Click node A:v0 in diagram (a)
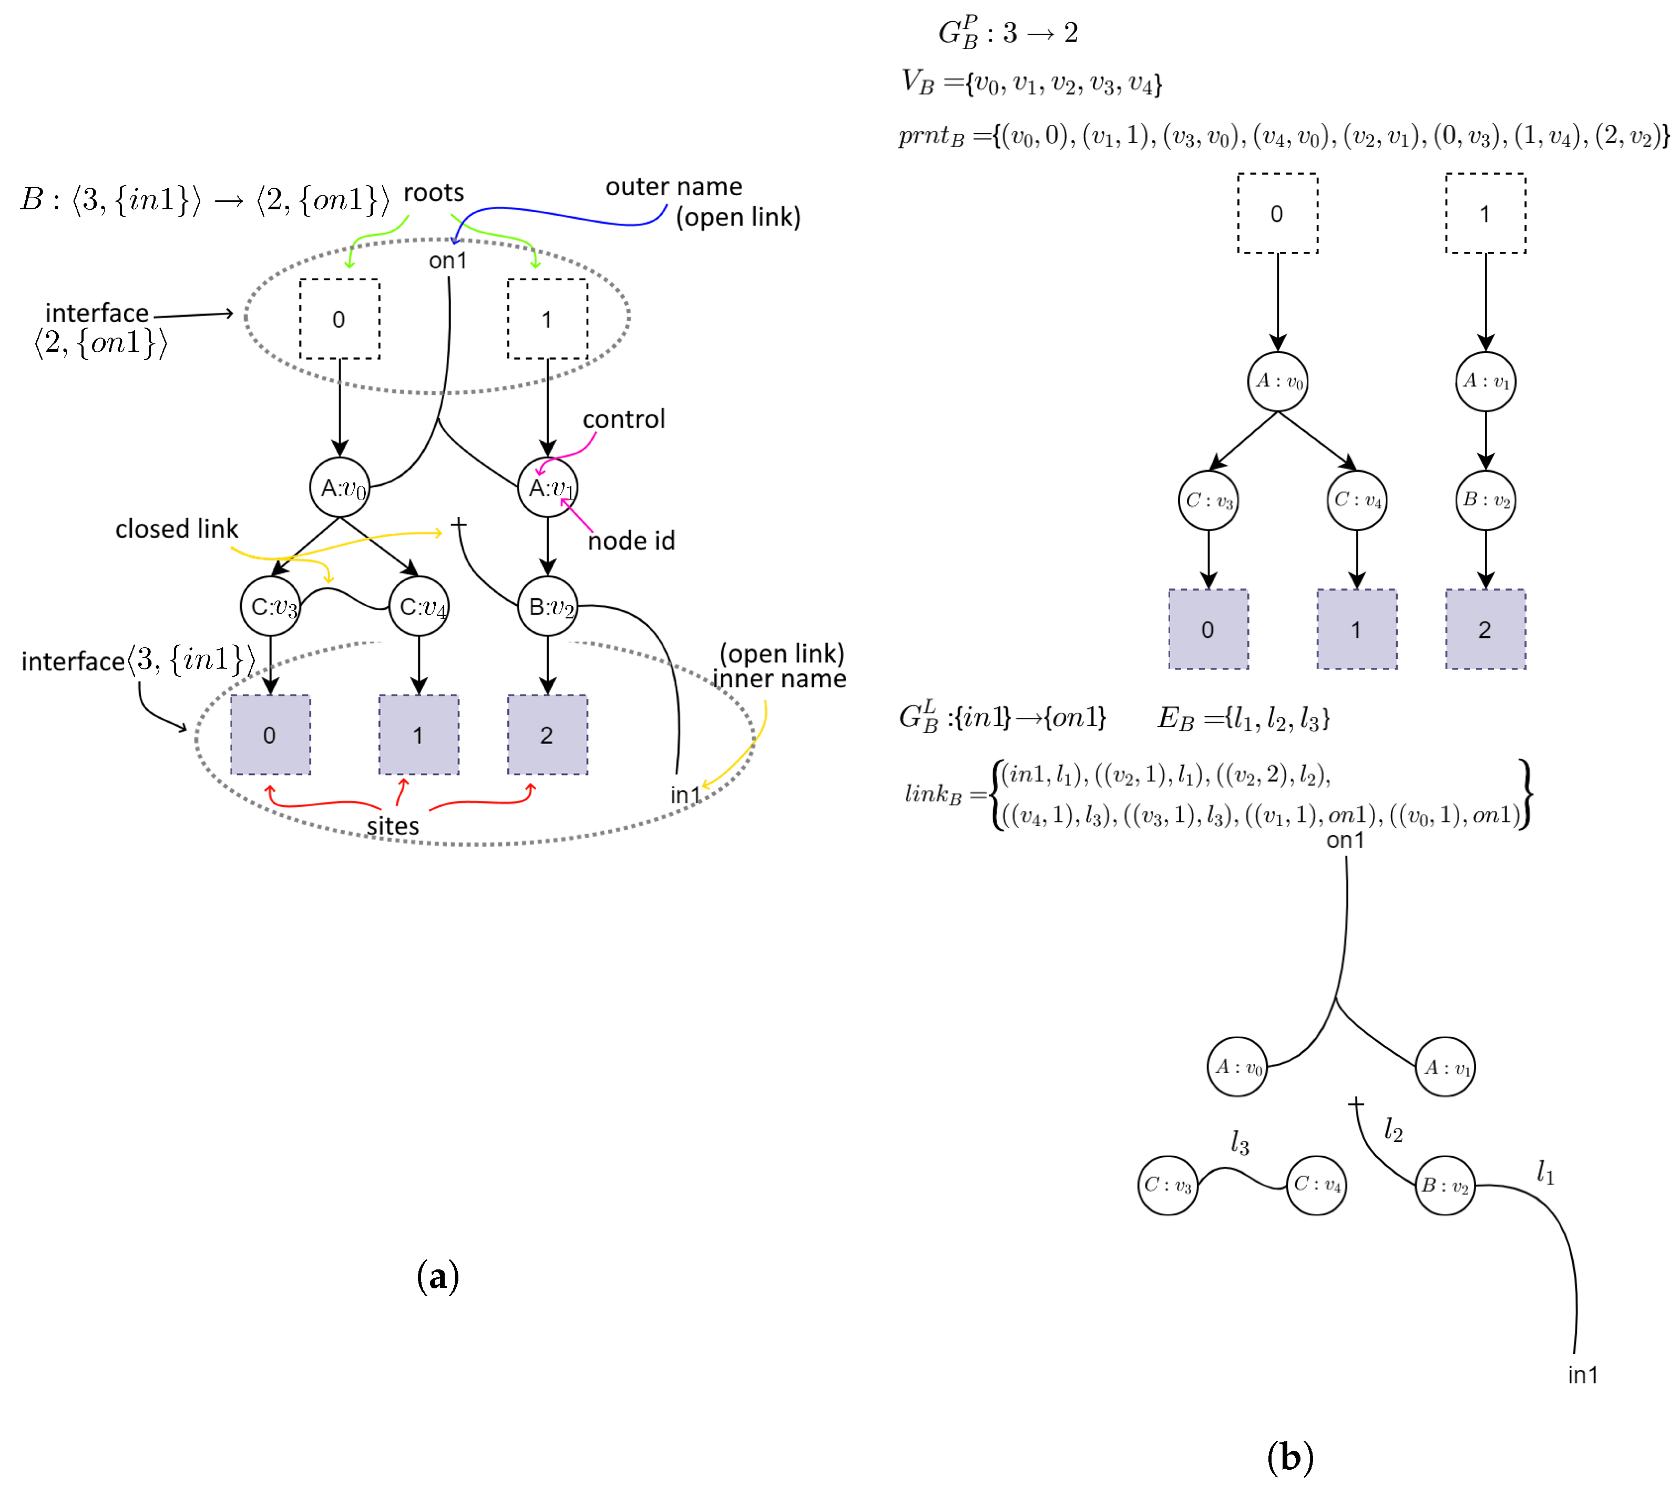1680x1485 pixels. click(340, 487)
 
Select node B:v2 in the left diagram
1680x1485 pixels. click(547, 607)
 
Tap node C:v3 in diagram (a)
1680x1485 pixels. click(270, 607)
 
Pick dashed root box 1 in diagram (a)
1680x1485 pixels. click(547, 319)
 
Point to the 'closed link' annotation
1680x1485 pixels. click(176, 528)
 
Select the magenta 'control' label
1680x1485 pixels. click(624, 419)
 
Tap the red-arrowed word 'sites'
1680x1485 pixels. click(393, 826)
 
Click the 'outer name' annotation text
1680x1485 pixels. click(674, 187)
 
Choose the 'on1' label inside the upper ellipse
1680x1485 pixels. click(448, 261)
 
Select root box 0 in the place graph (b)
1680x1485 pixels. click(1277, 214)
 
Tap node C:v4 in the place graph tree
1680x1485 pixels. click(1357, 500)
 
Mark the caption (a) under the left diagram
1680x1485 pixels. click(437, 1276)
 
